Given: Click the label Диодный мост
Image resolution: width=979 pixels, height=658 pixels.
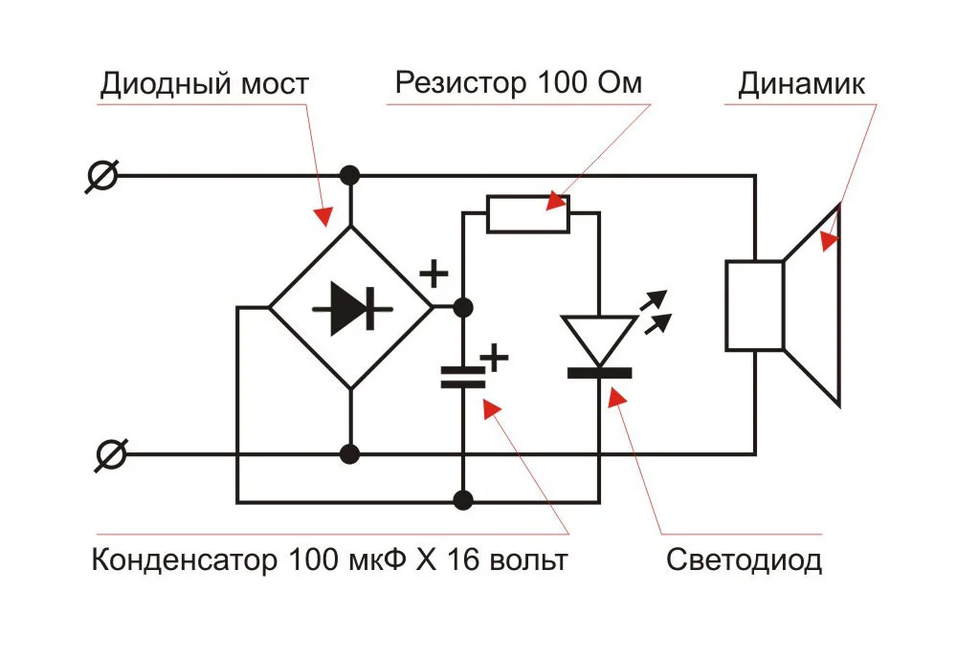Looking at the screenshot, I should (x=204, y=84).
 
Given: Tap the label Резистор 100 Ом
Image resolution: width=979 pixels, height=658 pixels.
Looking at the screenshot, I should (x=518, y=83).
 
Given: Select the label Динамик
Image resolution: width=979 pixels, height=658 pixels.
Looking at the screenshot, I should (x=801, y=83).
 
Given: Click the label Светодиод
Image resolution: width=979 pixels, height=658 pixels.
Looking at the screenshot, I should (x=744, y=559).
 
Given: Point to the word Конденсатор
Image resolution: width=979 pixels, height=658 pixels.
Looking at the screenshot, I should (x=182, y=559).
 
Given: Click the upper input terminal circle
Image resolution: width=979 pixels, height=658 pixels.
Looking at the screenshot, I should (x=101, y=176).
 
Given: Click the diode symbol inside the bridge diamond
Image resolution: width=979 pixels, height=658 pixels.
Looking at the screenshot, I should (x=350, y=308).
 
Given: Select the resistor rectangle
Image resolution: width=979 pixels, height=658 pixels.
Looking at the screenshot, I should (x=528, y=214).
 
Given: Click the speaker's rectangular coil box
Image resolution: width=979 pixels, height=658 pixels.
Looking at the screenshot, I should (x=754, y=305).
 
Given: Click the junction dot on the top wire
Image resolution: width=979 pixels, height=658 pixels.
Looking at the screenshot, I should (x=350, y=176).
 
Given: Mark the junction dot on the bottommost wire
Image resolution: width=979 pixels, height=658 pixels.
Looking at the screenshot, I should (x=463, y=500).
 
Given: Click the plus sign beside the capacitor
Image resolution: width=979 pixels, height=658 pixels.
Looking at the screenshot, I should (x=494, y=358).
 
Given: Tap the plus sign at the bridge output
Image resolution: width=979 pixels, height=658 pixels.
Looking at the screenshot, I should (x=434, y=274).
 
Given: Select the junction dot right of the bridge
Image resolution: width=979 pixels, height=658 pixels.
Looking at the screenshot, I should (x=463, y=307).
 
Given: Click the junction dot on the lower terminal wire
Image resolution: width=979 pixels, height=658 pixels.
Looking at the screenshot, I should (x=350, y=453).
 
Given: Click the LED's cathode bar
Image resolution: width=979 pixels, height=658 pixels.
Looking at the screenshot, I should (x=599, y=373).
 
